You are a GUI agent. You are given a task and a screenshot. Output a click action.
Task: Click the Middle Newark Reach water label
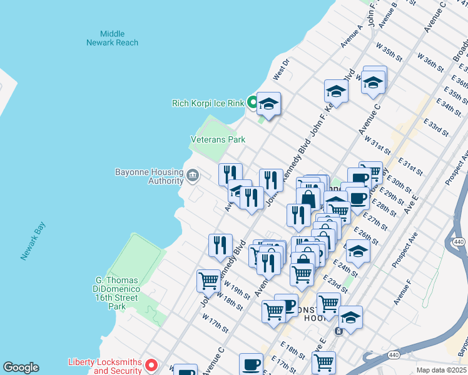pyautogui.click(x=113, y=38)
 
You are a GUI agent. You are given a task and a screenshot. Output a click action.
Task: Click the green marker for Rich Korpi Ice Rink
pyautogui.click(x=252, y=102)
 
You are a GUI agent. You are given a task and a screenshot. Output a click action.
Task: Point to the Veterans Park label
pyautogui.click(x=218, y=140)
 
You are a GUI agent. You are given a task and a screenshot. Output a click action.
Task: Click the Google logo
pyautogui.click(x=21, y=367)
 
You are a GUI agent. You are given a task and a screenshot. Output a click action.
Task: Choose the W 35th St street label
pyautogui.click(x=389, y=52)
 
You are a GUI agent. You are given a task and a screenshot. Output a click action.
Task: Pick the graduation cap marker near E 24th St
pyautogui.click(x=358, y=251)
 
